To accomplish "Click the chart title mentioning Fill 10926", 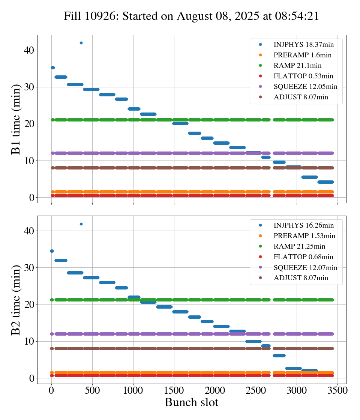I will click(191, 16).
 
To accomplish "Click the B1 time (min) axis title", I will click(16, 119).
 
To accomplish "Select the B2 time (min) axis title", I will click(16, 300).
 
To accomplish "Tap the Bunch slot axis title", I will click(191, 403).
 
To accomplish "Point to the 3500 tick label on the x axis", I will click(337, 390).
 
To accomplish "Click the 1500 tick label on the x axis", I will click(174, 390).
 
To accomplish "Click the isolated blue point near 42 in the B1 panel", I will click(81, 43).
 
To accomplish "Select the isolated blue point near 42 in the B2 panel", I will click(81, 224).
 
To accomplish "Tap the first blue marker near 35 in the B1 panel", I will click(52, 67).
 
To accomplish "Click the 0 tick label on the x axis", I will click(51, 390).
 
